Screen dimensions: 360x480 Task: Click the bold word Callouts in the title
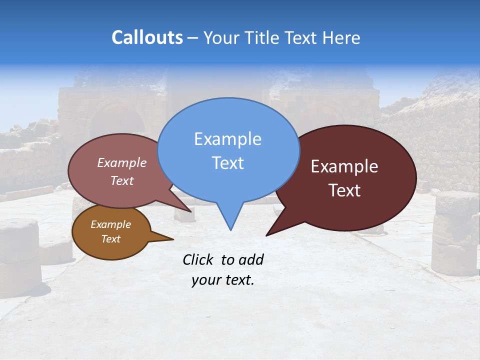coord(147,38)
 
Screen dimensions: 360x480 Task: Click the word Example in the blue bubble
coord(227,139)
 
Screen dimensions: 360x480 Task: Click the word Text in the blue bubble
coord(227,163)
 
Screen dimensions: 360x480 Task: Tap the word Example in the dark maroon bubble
coord(344,166)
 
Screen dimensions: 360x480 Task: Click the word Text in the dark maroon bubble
coord(345,190)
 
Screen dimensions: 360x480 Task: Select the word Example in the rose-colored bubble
coord(122,162)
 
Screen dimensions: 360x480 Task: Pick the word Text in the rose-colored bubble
coord(122,180)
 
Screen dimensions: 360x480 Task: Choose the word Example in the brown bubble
coord(110,224)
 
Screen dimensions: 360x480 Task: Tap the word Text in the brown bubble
coord(110,239)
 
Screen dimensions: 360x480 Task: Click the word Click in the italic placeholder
coord(198,259)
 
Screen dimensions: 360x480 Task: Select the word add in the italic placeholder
coord(251,259)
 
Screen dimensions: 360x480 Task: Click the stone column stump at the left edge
coord(19,255)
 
